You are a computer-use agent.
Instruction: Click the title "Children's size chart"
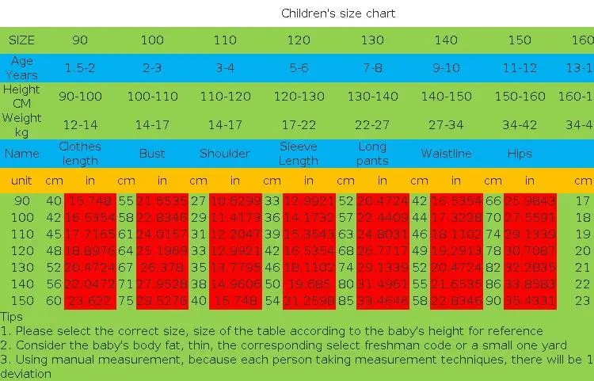pos(338,13)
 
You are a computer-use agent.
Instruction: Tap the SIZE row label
pos(22,40)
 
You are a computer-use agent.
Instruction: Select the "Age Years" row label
pos(22,67)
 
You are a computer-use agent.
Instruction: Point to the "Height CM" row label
pos(22,96)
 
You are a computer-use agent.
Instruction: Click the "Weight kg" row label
pos(22,124)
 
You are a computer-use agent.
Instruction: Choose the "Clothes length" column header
pos(79,153)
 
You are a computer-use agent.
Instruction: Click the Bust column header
pos(152,153)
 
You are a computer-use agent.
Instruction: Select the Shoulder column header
pos(225,153)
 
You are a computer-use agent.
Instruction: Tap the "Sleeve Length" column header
pos(299,153)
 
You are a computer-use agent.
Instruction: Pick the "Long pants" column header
pos(372,153)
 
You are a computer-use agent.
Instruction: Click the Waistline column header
pos(446,153)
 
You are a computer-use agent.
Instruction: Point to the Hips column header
pos(520,153)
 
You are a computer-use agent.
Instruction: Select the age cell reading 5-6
pos(299,67)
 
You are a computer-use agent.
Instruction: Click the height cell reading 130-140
pos(372,96)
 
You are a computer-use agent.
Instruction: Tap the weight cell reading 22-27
pos(372,124)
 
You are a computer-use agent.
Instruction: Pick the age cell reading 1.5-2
pos(79,67)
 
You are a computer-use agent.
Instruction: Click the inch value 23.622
pos(89,301)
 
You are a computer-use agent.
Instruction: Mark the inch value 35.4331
pos(530,301)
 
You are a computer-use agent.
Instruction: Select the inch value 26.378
pos(162,268)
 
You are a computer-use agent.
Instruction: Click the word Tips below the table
pos(12,317)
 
